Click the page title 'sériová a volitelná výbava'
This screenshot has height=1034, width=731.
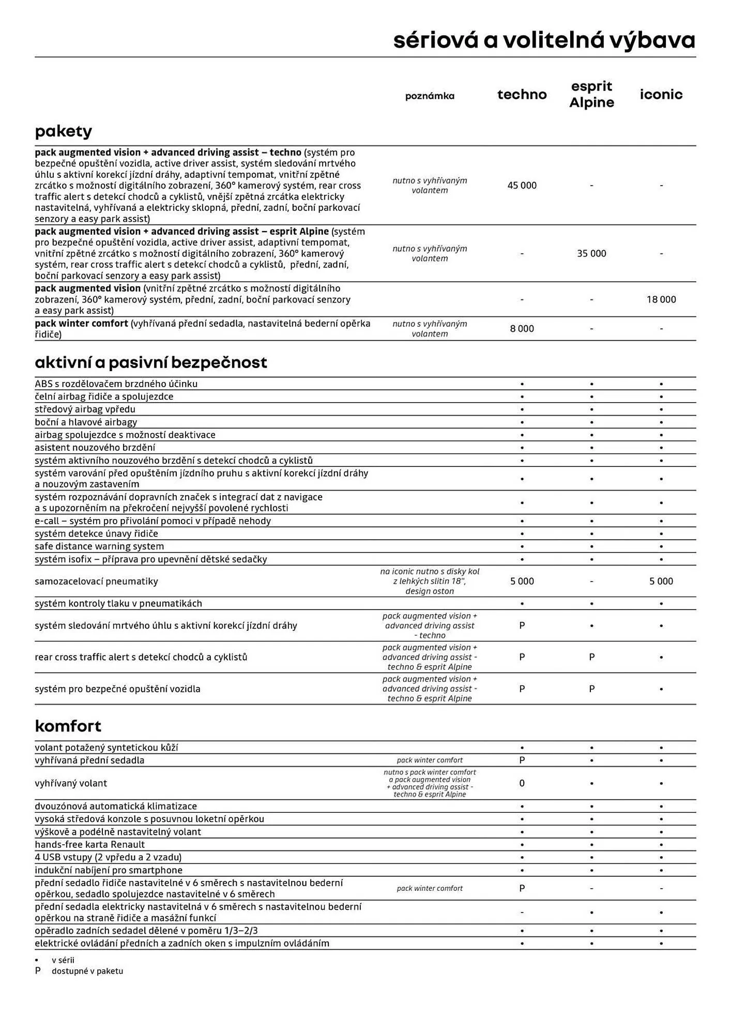(x=544, y=40)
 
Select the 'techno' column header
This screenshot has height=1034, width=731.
(x=522, y=95)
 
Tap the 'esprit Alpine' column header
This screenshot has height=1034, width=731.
(x=591, y=94)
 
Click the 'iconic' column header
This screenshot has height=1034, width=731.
(x=661, y=95)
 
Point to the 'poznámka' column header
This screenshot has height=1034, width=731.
(x=430, y=96)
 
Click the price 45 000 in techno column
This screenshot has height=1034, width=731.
(x=522, y=185)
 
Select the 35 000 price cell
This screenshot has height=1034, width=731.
(x=591, y=253)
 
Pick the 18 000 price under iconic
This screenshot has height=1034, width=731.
(x=661, y=299)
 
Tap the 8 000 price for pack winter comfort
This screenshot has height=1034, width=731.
(x=522, y=328)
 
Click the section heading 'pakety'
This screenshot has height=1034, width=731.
(x=63, y=131)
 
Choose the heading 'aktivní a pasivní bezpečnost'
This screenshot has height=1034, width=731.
(x=150, y=362)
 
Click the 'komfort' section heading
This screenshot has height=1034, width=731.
(x=68, y=726)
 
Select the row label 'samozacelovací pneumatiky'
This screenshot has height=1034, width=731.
(x=96, y=581)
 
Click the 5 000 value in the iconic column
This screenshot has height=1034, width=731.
(x=661, y=581)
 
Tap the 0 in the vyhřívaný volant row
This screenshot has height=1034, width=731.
(x=522, y=783)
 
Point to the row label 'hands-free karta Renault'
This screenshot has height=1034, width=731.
(x=89, y=844)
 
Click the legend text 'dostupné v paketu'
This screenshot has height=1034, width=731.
(x=87, y=971)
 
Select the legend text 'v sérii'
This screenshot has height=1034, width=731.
(x=63, y=960)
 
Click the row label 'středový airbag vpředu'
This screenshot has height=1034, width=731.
(x=85, y=409)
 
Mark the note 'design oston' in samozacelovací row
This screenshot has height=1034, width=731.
(x=430, y=591)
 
